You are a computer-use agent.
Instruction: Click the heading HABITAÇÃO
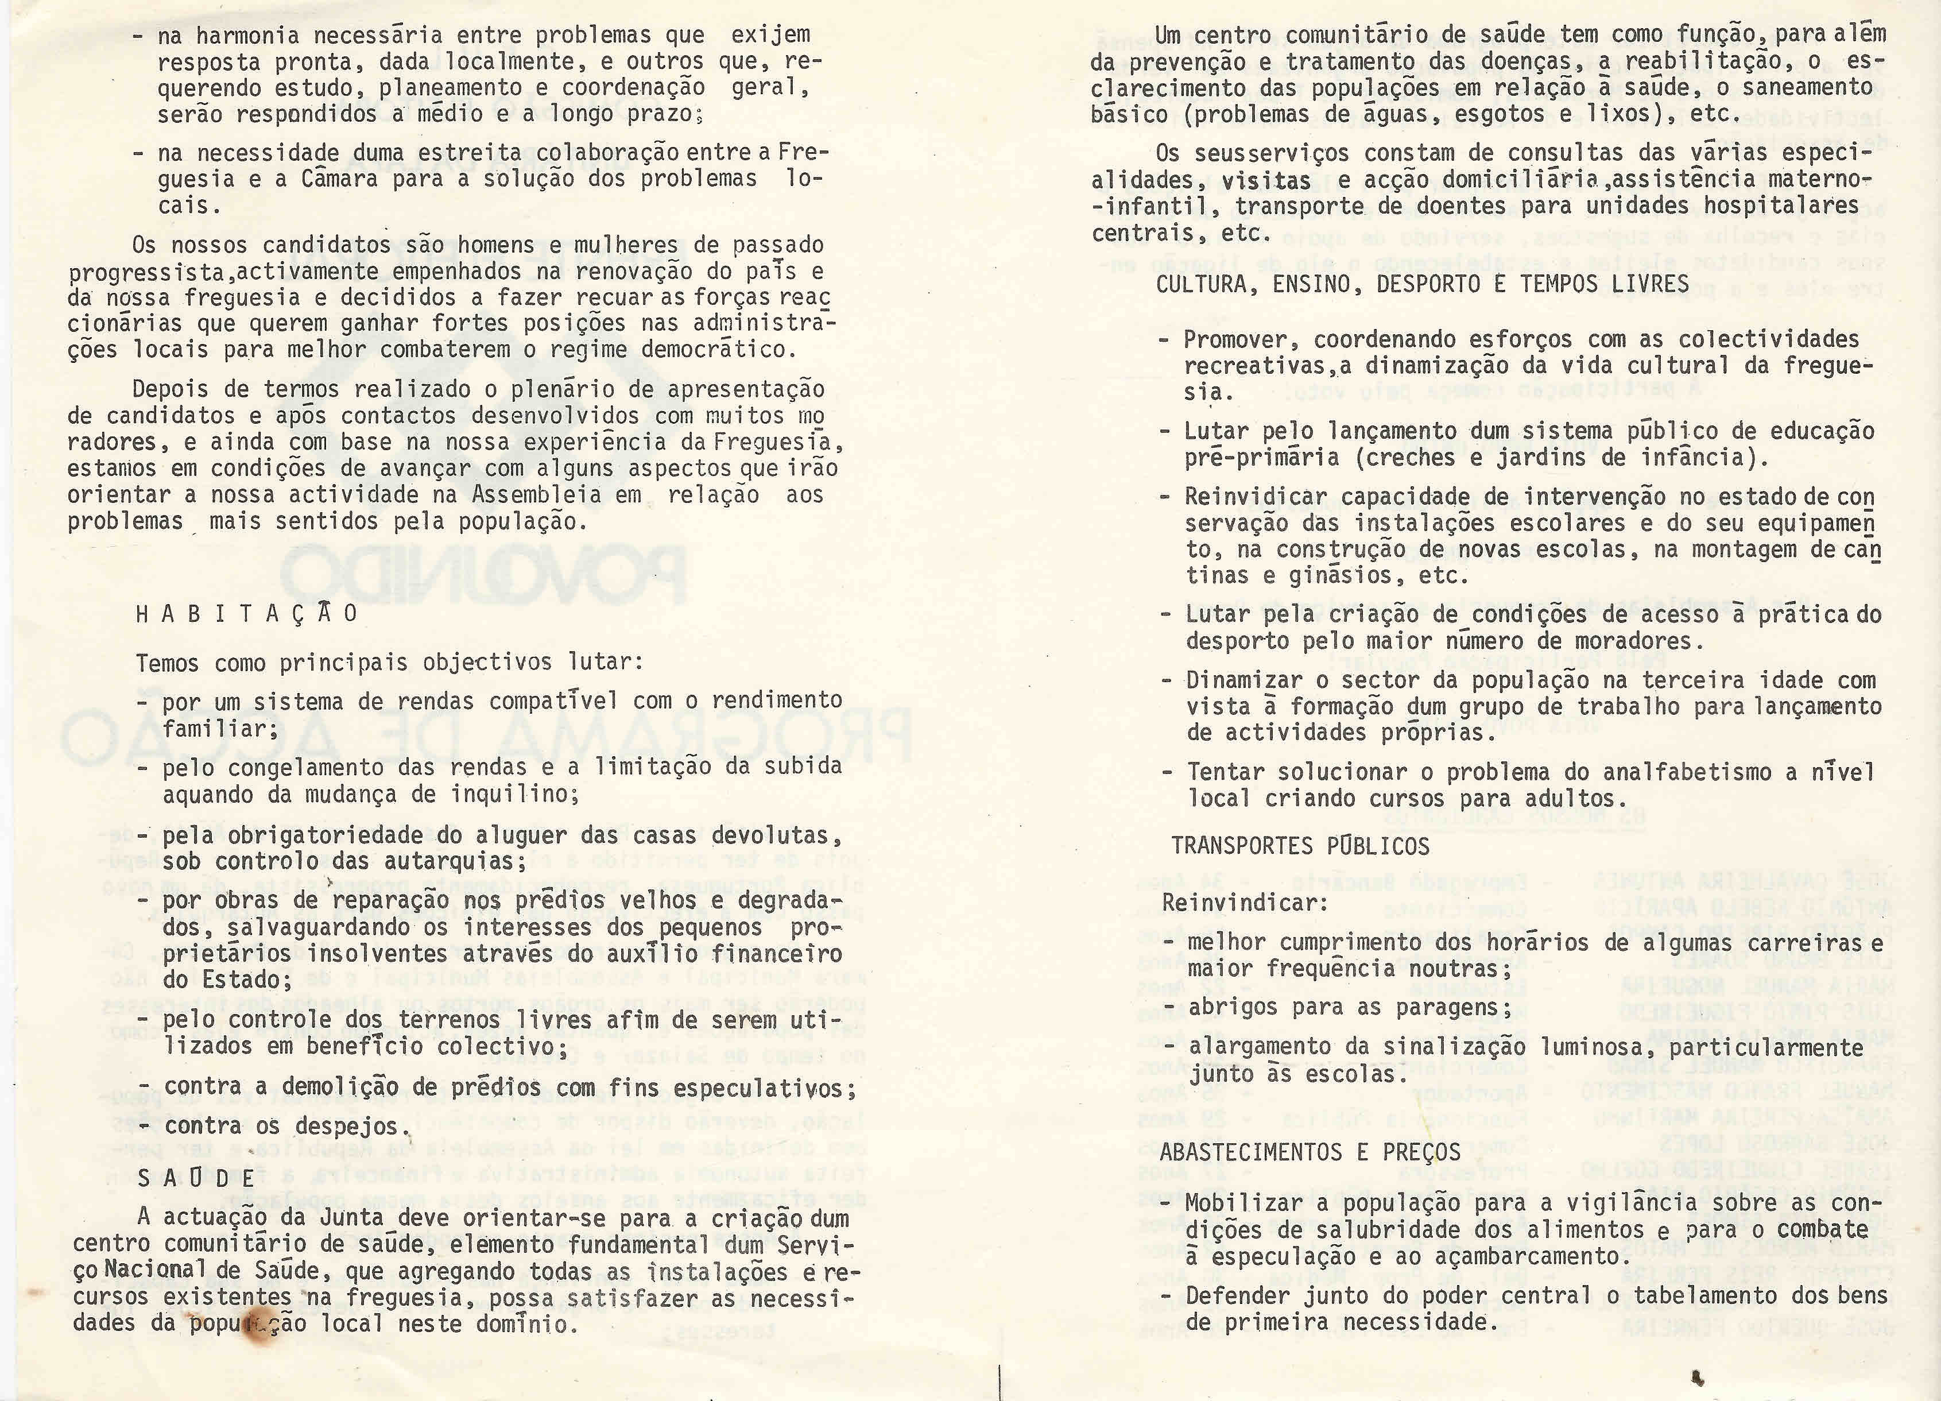click(x=246, y=614)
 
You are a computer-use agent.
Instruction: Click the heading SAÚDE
click(x=196, y=1178)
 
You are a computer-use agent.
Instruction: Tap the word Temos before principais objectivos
click(x=167, y=663)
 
